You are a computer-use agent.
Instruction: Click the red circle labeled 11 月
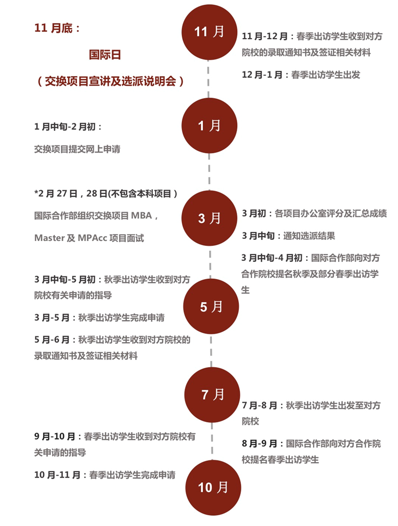(x=209, y=32)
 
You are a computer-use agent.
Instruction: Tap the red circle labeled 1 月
(x=209, y=126)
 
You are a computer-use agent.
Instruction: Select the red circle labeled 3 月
(x=209, y=218)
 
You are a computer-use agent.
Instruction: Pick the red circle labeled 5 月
(x=211, y=306)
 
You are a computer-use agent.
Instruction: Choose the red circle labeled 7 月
(x=212, y=395)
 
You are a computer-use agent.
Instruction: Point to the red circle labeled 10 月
(x=213, y=488)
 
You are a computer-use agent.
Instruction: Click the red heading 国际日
(x=105, y=55)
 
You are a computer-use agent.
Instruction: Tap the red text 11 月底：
(x=57, y=28)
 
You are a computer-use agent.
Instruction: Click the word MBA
(x=141, y=216)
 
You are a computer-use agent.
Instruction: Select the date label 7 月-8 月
(x=259, y=406)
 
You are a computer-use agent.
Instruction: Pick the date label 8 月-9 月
(x=259, y=444)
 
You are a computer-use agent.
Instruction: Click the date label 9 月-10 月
(x=55, y=437)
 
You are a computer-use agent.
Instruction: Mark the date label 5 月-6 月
(x=52, y=340)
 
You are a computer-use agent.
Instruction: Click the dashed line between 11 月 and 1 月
(x=209, y=79)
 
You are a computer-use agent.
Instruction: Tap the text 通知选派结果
(x=309, y=236)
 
